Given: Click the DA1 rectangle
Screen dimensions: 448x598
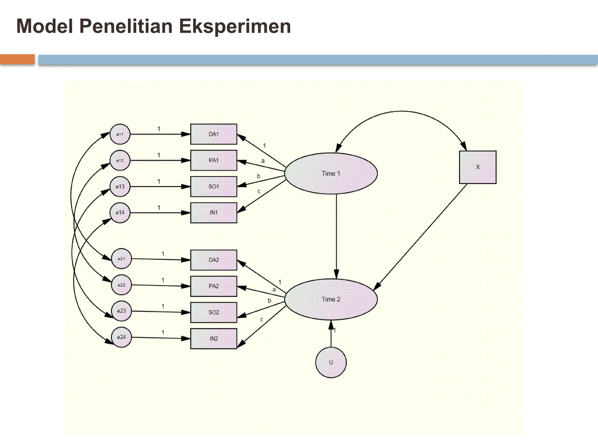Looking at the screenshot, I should [x=213, y=134].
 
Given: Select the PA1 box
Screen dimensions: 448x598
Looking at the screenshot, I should [x=213, y=160].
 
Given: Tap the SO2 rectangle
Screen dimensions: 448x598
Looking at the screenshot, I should [x=213, y=312].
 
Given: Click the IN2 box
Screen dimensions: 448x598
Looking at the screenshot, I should [x=213, y=339].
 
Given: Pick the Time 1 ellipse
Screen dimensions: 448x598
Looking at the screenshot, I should [x=331, y=174].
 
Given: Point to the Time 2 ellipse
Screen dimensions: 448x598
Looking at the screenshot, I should [x=331, y=299].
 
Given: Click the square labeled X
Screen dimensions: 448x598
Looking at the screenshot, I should [x=477, y=167].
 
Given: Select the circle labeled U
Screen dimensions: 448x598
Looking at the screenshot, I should [x=331, y=362].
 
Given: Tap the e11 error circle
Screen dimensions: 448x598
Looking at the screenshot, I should [x=120, y=134].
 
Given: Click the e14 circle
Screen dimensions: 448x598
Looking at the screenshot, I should [x=120, y=213].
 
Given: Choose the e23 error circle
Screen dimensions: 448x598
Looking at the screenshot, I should [x=121, y=311].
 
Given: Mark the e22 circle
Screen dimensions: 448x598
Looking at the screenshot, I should [x=121, y=285].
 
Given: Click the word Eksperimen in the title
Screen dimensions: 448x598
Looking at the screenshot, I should [x=235, y=26].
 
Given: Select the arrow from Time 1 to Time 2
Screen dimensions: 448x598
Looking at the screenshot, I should [x=336, y=233].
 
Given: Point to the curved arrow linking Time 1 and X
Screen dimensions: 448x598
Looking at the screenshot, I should [x=402, y=111].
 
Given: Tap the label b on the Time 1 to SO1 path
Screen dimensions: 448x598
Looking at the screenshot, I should [x=258, y=176].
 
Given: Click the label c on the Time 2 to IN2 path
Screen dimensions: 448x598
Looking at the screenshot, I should [x=261, y=320].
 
